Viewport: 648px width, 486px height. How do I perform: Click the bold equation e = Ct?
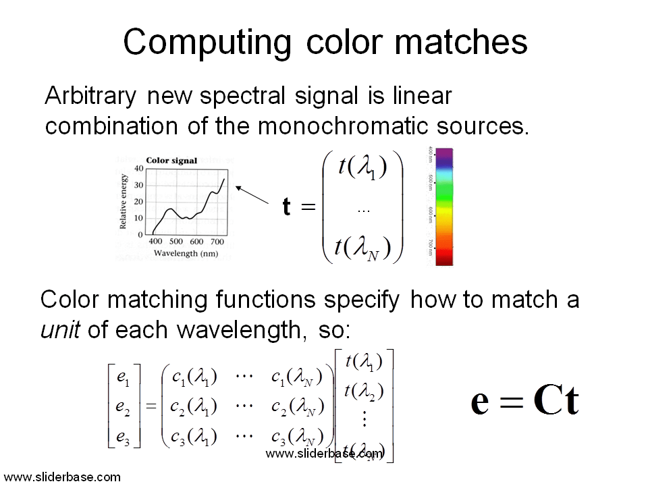[524, 402]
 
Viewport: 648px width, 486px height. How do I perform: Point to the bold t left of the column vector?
[287, 207]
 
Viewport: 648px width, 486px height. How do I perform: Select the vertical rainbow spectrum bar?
[444, 207]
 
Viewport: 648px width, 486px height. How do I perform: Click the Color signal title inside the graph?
[171, 161]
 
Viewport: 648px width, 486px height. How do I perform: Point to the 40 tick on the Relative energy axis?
[138, 169]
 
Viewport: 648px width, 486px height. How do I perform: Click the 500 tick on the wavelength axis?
[176, 242]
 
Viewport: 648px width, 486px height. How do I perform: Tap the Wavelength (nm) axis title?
[186, 253]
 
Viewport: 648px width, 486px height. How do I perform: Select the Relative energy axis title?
[124, 200]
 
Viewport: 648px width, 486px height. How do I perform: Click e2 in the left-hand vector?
[124, 406]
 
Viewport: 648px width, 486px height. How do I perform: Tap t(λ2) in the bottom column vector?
[364, 390]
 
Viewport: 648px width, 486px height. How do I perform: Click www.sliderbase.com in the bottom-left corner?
[62, 477]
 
